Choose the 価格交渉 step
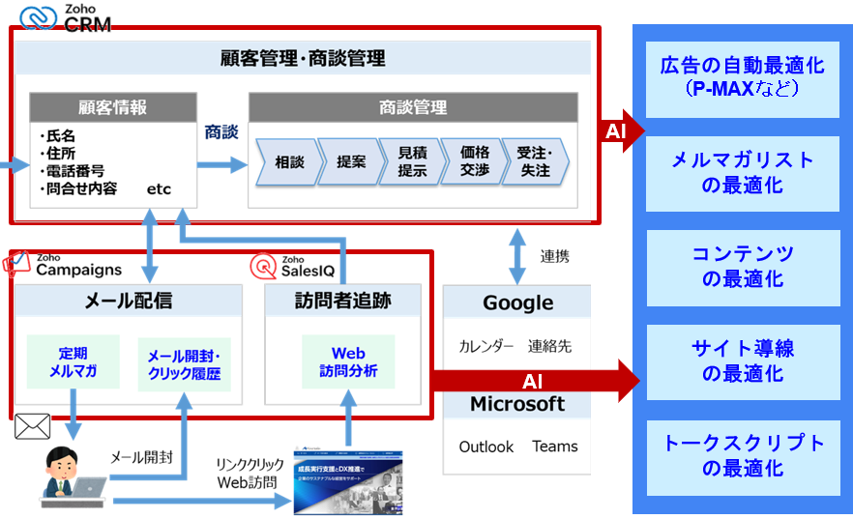(x=474, y=162)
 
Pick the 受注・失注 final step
(x=534, y=162)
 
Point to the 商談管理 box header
(x=413, y=107)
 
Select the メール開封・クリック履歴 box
(x=184, y=363)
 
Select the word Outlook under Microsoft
(x=486, y=447)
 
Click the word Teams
(x=554, y=447)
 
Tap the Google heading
(x=518, y=303)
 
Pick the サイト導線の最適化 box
(x=742, y=360)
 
